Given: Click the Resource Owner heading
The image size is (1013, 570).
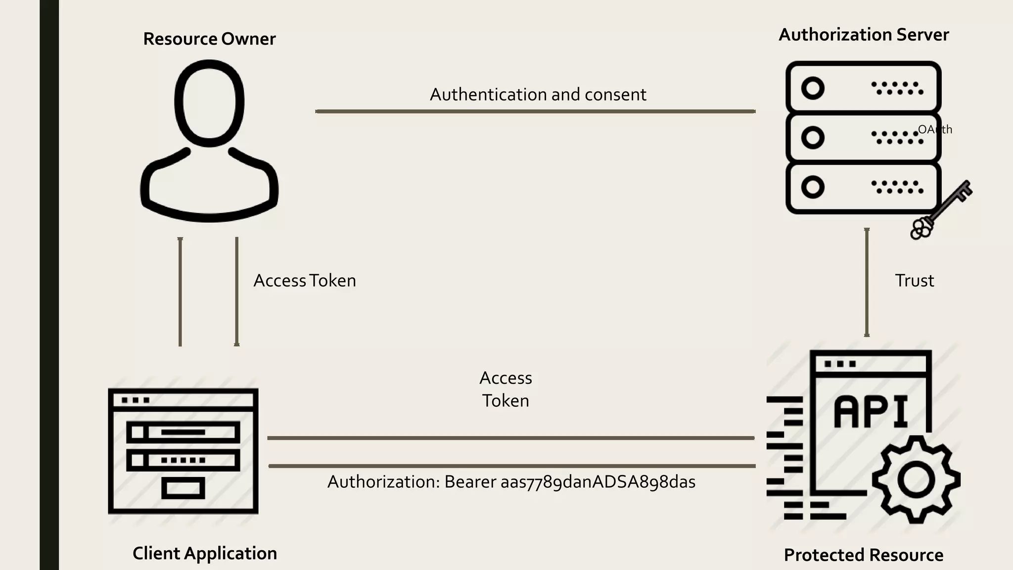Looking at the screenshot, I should (209, 39).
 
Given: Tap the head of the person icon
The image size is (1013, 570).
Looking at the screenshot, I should (209, 103).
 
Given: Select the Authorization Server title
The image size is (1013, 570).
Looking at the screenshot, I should (864, 35).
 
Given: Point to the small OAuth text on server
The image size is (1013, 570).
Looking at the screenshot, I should (935, 130).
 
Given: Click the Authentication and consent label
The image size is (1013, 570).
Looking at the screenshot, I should (538, 95).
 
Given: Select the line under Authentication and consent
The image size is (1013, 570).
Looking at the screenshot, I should (535, 111).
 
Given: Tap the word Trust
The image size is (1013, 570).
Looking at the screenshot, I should (914, 281).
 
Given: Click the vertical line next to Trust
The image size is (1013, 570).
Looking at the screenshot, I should (867, 282).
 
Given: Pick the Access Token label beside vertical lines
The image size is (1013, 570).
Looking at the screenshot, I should (305, 281).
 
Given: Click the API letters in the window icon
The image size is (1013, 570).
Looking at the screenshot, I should (871, 412).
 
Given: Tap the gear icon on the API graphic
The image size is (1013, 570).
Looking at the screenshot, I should (916, 479).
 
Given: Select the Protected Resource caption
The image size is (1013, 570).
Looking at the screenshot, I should (864, 555).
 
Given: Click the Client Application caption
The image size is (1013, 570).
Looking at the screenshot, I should (205, 553).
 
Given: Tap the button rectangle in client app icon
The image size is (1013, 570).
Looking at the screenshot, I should (183, 488).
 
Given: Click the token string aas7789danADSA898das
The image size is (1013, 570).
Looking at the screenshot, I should (598, 482).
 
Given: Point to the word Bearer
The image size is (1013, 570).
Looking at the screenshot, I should (470, 482).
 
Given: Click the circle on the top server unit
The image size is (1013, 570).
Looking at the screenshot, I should (813, 89).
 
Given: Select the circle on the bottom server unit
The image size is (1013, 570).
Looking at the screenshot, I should (813, 187).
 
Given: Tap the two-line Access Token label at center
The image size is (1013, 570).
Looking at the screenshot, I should (506, 389).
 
